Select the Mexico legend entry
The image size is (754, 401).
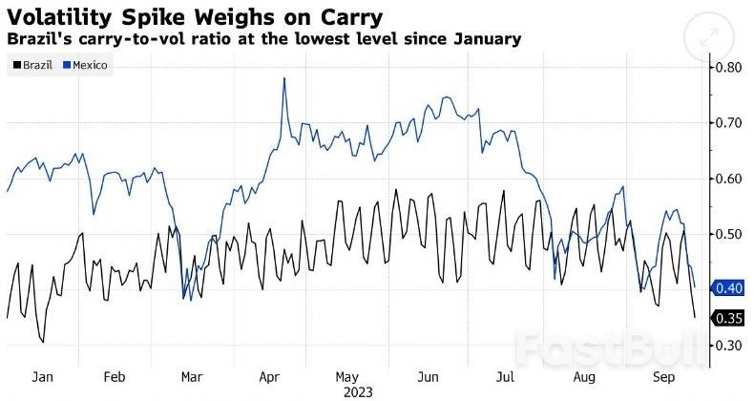coord(88,65)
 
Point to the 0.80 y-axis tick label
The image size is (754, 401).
coord(730,68)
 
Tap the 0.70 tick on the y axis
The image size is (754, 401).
coord(730,123)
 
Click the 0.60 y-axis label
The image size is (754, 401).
coord(730,179)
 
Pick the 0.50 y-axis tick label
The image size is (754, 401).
coord(730,234)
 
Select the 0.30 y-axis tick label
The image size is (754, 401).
coord(730,345)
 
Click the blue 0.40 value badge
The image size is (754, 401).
coord(729,288)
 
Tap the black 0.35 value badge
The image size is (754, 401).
coord(729,318)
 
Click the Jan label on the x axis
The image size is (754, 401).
coord(42,377)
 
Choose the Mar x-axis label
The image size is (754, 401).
coord(190,377)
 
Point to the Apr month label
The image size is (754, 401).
coord(268,377)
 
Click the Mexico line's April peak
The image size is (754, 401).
coord(284,78)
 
